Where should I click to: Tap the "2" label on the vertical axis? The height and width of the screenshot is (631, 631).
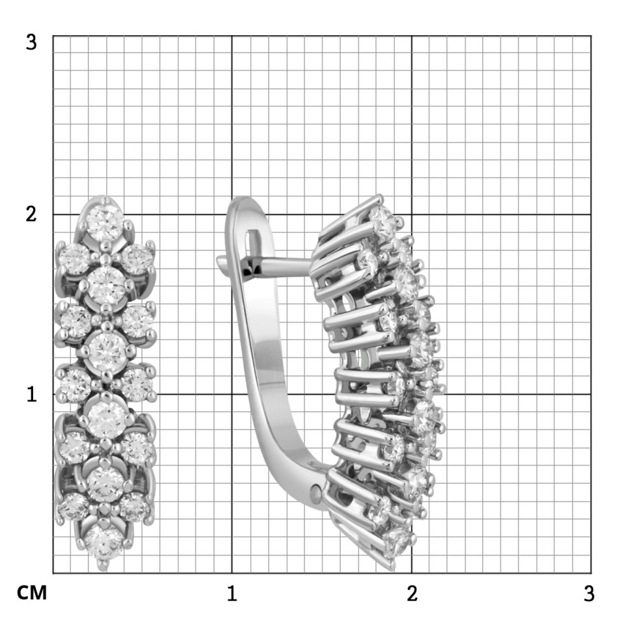(31, 214)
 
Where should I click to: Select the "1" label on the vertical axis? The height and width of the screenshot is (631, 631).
(32, 394)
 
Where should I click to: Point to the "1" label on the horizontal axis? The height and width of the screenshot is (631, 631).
(232, 594)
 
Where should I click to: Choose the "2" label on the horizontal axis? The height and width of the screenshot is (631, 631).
(412, 594)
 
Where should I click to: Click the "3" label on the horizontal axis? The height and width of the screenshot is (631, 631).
(589, 594)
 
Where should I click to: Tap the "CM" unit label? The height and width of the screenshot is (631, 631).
(32, 593)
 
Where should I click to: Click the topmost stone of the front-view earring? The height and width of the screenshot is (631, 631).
(105, 223)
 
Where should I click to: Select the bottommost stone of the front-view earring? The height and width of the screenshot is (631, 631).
(103, 542)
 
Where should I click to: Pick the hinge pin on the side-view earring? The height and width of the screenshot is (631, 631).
(316, 491)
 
